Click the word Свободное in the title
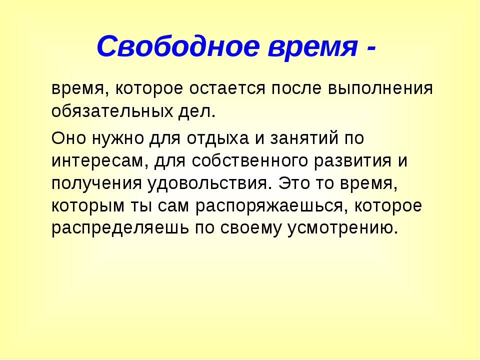[x=178, y=46]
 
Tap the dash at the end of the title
[x=370, y=48]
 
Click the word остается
[x=227, y=88]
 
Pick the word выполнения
[x=380, y=88]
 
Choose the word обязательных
[x=112, y=110]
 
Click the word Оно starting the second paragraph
[x=68, y=138]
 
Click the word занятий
[x=304, y=138]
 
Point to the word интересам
[x=97, y=160]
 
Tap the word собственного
[x=250, y=160]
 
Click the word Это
[x=294, y=183]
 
